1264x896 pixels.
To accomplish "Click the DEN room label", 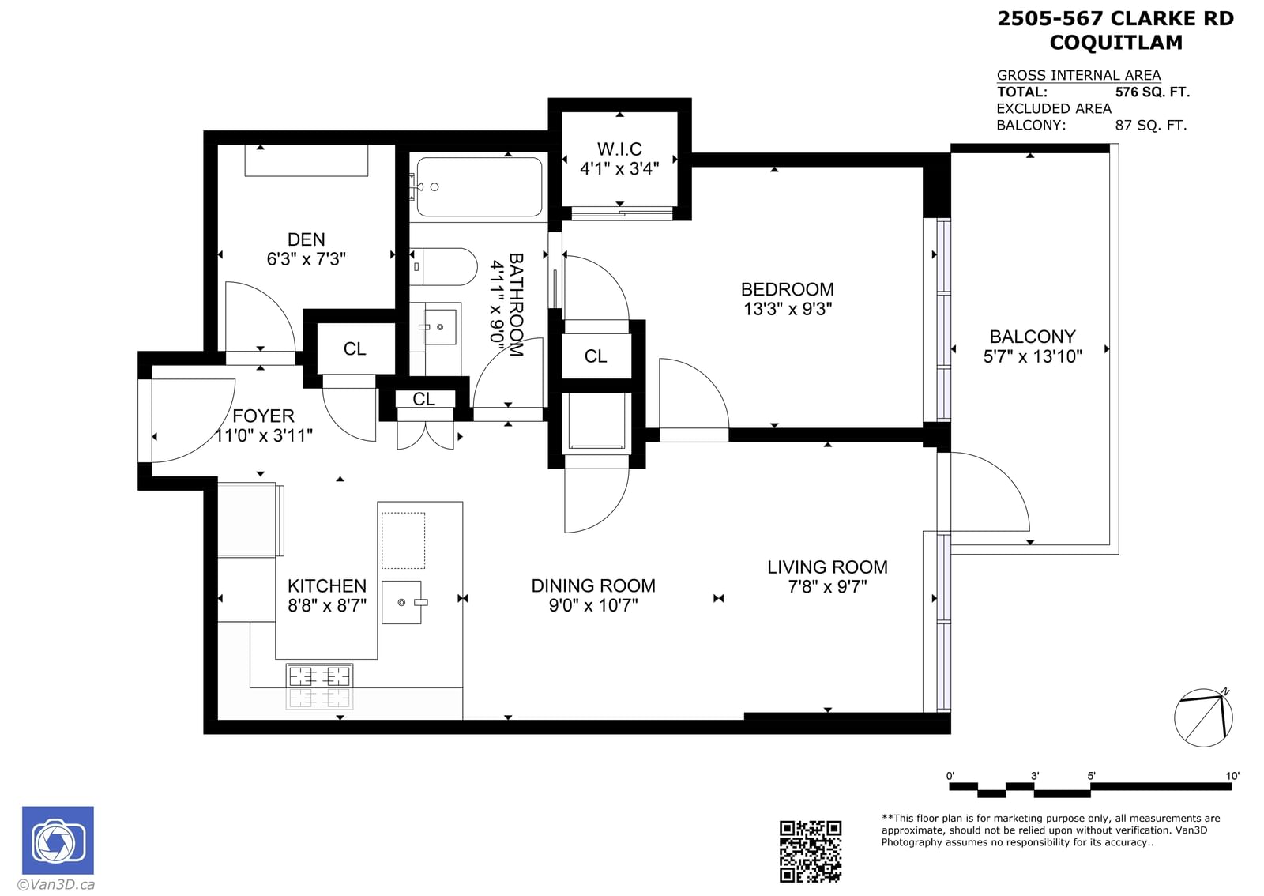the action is pos(306,239).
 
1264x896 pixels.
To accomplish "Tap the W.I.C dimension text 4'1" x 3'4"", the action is pos(619,169).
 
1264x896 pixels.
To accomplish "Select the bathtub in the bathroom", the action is pos(479,186).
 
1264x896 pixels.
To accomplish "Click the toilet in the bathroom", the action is pos(444,267).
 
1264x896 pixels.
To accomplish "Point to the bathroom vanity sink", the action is pos(440,326).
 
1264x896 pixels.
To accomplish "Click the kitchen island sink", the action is pos(402,603).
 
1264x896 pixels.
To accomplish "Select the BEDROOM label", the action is pos(787,289).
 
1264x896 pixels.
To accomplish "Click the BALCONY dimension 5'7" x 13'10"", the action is pos(1033,356).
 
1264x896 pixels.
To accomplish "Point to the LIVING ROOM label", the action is pos(827,567).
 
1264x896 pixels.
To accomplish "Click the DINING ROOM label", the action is pos(593,585).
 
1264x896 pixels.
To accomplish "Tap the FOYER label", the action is pos(264,416).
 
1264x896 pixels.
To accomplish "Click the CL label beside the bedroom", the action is pos(596,356).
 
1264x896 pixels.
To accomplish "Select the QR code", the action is pos(811,852).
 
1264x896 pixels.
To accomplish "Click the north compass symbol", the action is pos(1203,717).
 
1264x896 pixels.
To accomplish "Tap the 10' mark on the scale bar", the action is pos(1232,776).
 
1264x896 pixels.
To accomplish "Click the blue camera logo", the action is pos(58,840).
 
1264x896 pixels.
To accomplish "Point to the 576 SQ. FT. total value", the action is pos(1153,92).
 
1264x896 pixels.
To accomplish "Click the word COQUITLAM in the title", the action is pos(1115,43).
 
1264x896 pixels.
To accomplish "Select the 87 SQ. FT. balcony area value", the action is pos(1150,126).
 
